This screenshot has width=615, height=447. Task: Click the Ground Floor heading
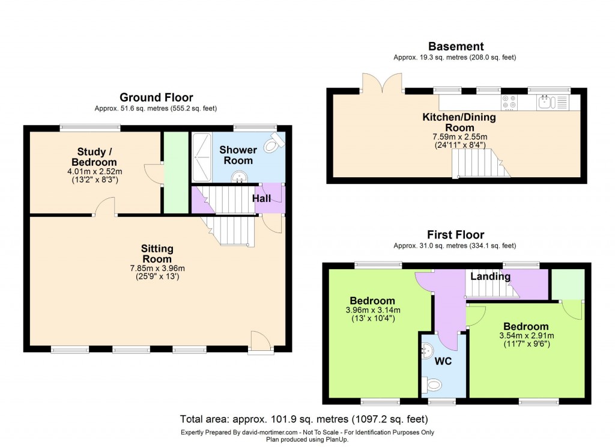tap(156, 97)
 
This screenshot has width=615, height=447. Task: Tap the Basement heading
tap(455, 46)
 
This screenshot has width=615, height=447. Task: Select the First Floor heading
tap(455, 234)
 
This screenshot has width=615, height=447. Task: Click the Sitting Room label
tap(157, 254)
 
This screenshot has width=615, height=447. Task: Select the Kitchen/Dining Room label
tap(459, 122)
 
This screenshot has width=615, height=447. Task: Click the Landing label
tap(490, 276)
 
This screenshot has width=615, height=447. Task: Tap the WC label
tap(443, 362)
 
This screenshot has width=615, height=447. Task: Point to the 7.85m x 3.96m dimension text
tap(157, 268)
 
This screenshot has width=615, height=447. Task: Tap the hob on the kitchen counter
tap(509, 103)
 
